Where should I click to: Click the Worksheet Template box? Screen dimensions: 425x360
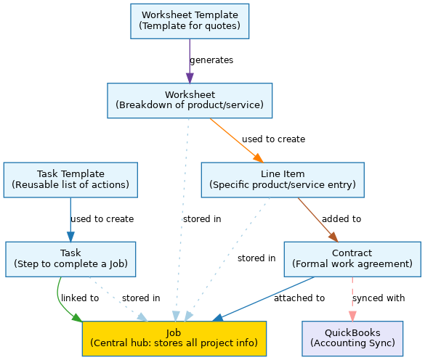(x=190, y=21)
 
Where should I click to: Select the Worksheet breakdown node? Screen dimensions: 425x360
(x=190, y=100)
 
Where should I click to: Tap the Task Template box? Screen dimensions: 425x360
(x=70, y=180)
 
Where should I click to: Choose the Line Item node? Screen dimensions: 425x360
(x=283, y=180)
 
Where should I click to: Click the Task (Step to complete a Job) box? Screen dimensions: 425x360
(x=70, y=259)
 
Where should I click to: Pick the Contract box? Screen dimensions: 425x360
(x=352, y=259)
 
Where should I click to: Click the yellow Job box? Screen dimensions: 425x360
(x=174, y=339)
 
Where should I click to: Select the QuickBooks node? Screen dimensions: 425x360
(x=352, y=339)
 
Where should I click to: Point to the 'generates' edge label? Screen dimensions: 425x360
(x=211, y=60)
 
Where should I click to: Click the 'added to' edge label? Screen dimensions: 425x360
(x=341, y=219)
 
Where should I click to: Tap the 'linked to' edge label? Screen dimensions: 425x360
(x=80, y=298)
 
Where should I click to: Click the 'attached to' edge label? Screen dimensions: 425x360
(x=299, y=298)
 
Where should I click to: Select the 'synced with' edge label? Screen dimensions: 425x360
(x=379, y=298)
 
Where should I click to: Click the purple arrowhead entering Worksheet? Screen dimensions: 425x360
(x=190, y=78)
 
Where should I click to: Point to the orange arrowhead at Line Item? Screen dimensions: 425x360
(x=259, y=158)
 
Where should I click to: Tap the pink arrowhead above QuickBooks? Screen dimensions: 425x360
(x=352, y=316)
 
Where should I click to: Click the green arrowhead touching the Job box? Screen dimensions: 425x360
(x=77, y=318)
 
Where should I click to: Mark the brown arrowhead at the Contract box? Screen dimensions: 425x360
(x=333, y=237)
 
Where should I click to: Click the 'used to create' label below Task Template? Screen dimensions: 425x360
(x=102, y=219)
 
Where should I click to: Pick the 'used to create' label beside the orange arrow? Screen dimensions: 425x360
(x=273, y=139)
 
